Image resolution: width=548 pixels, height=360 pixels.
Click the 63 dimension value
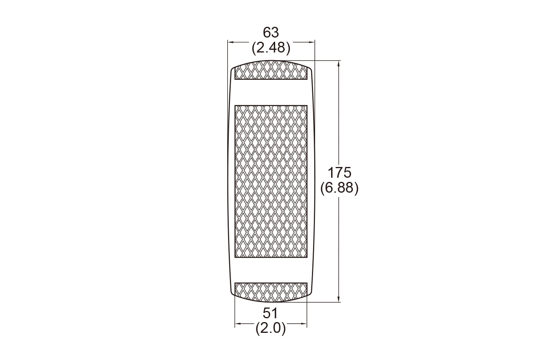point(271,33)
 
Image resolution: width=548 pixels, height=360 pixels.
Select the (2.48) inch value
point(271,48)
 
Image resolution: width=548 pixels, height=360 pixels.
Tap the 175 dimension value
point(339,173)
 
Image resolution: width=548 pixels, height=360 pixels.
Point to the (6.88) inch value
point(339,188)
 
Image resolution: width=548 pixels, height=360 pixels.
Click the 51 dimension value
point(270,313)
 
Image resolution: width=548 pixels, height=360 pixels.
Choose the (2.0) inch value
point(271,329)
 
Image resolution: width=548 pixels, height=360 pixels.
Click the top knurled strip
point(271,70)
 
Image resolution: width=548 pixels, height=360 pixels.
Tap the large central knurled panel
point(271,182)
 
